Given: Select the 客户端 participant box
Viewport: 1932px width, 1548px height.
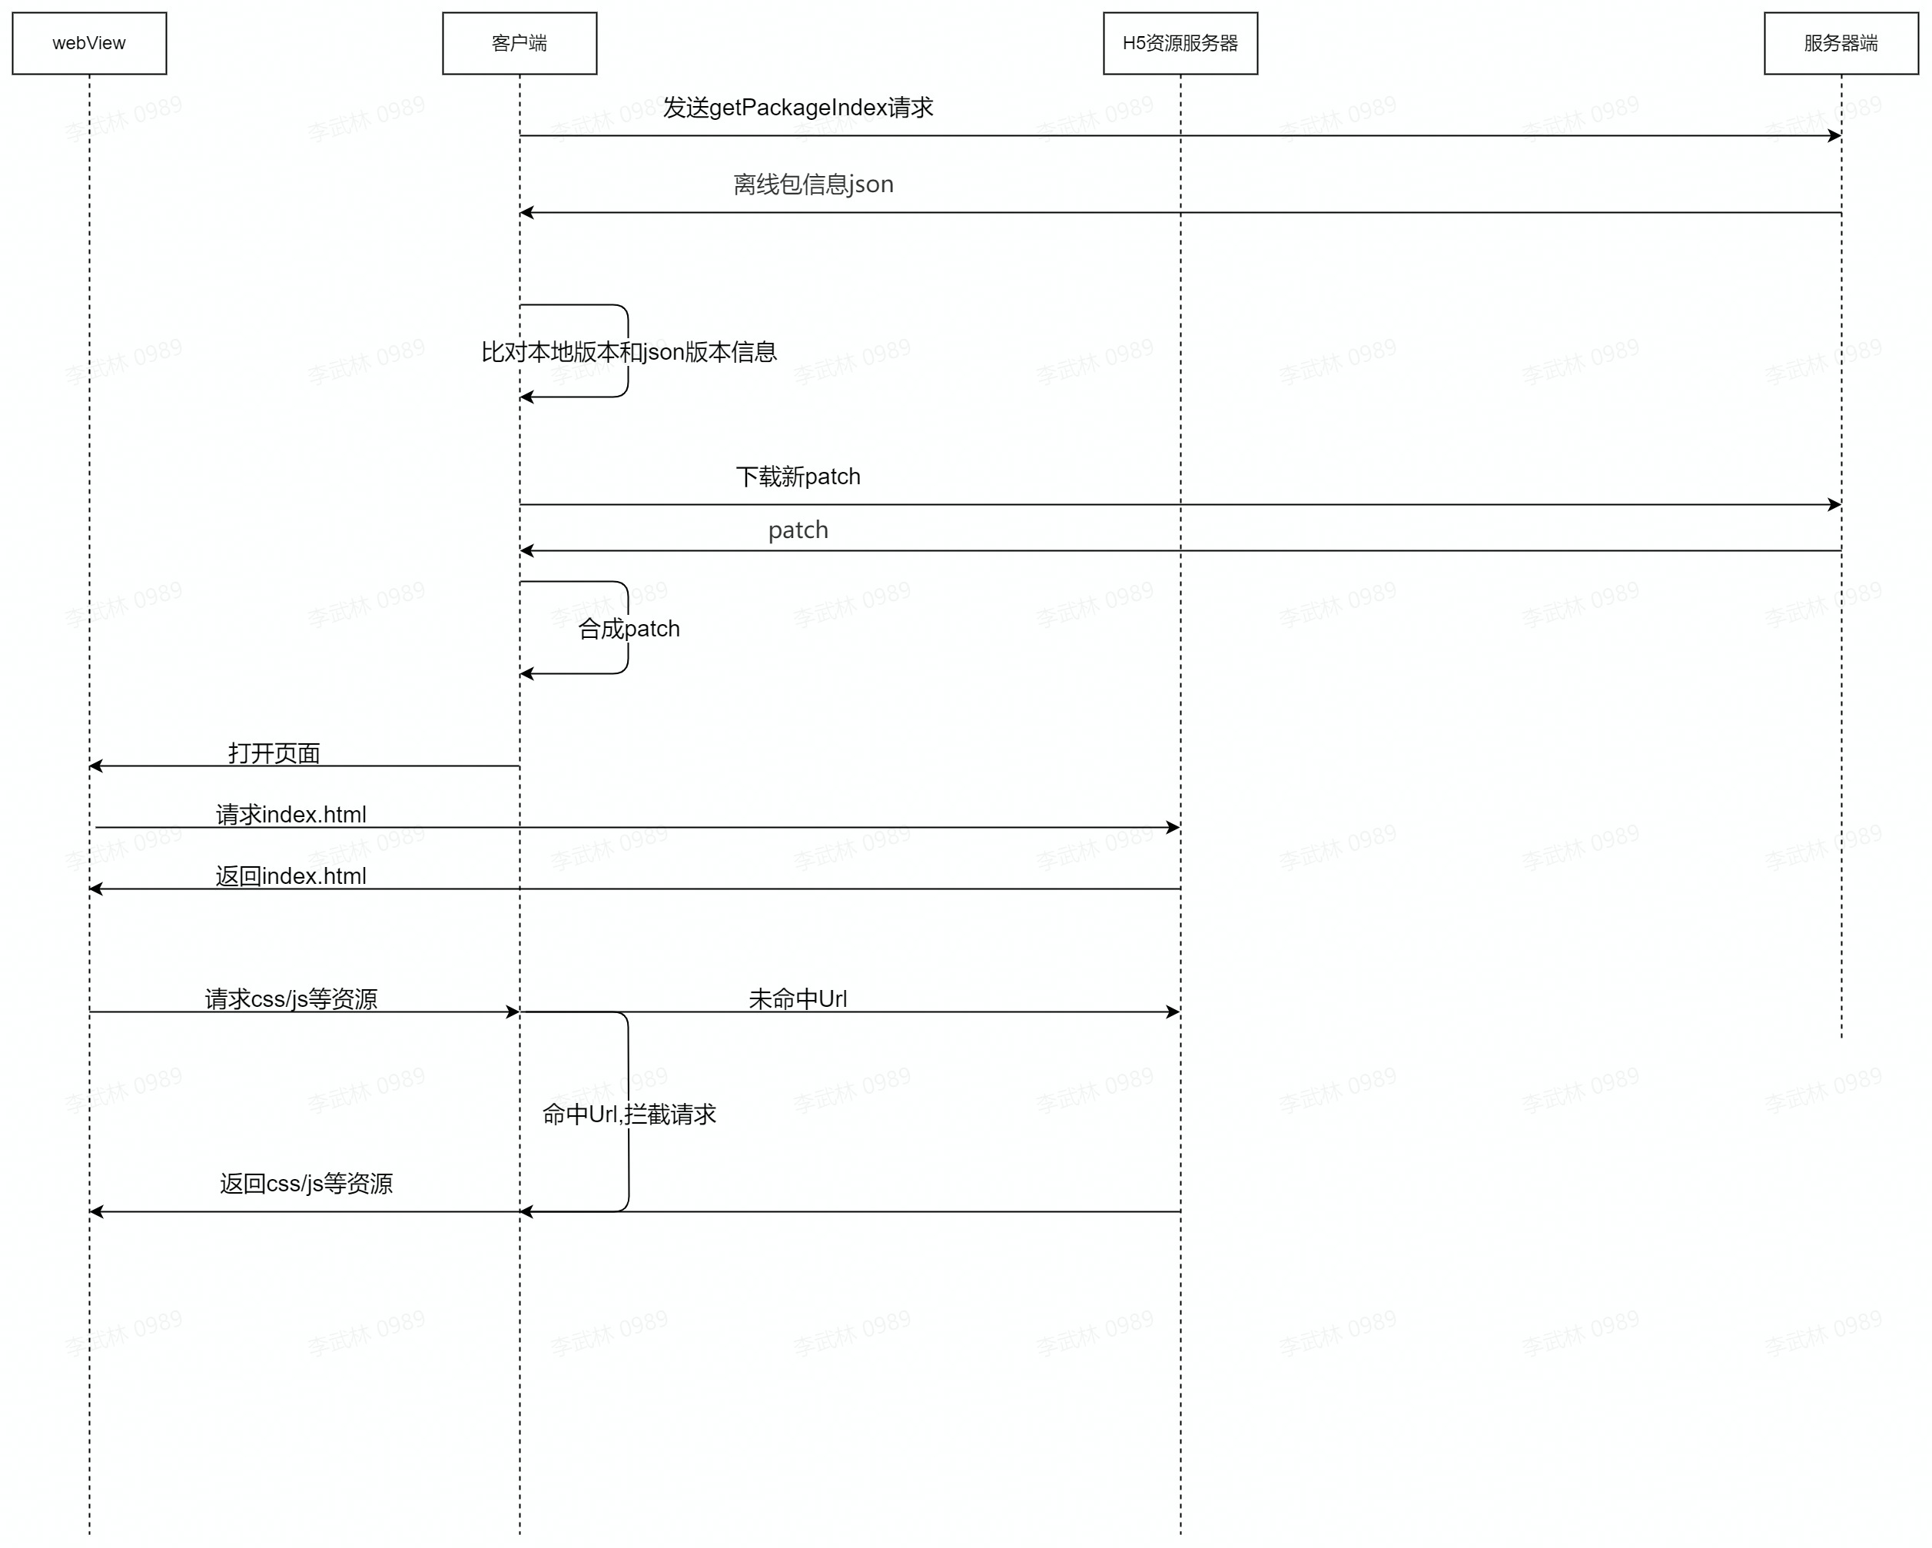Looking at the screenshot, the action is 519,43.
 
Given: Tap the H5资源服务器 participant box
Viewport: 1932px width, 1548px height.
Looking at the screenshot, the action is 1180,43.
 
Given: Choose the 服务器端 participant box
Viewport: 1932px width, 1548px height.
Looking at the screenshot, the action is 1841,43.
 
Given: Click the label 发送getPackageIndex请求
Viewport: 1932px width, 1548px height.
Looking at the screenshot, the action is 798,108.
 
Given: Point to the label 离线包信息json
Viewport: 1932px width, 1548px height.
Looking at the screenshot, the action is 813,184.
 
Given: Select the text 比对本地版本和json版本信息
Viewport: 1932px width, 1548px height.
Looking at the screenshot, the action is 628,352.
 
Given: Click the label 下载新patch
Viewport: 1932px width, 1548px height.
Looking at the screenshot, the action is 798,477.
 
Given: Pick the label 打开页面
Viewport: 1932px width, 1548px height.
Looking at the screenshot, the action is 274,753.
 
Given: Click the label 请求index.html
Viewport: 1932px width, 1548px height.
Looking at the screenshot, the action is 290,815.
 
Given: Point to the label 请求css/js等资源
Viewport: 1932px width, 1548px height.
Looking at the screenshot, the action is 290,999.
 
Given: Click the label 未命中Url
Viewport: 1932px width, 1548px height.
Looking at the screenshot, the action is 798,999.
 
